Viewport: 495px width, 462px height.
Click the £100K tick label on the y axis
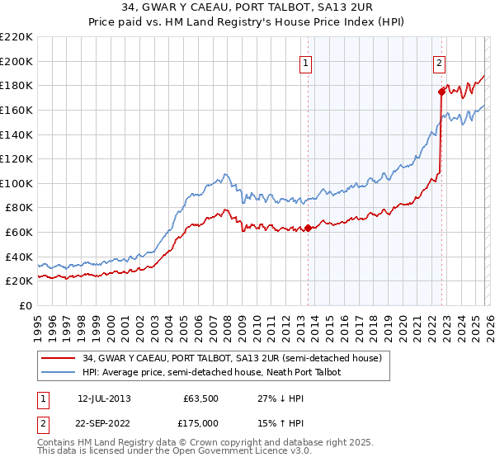[16, 183]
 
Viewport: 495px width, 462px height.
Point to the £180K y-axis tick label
[16, 85]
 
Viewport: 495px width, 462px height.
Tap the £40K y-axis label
[18, 257]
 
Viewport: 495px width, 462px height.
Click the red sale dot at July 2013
[308, 228]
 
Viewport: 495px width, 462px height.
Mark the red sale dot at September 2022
[441, 92]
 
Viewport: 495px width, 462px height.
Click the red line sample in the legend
[59, 359]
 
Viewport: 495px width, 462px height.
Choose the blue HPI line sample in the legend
[59, 373]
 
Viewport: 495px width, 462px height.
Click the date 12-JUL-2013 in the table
[104, 398]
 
